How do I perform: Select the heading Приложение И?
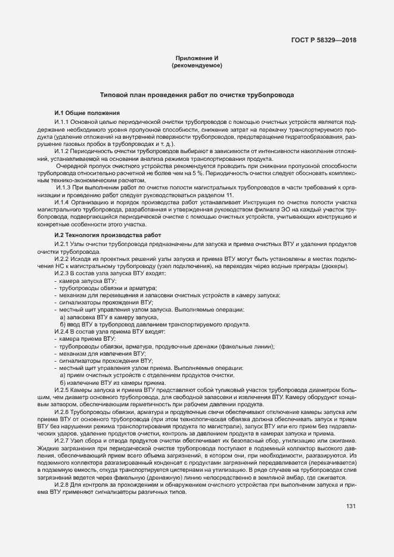click(197, 58)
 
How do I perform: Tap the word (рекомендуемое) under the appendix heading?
click(197, 66)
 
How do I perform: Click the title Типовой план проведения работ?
click(197, 95)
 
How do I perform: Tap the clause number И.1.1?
click(62, 122)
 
